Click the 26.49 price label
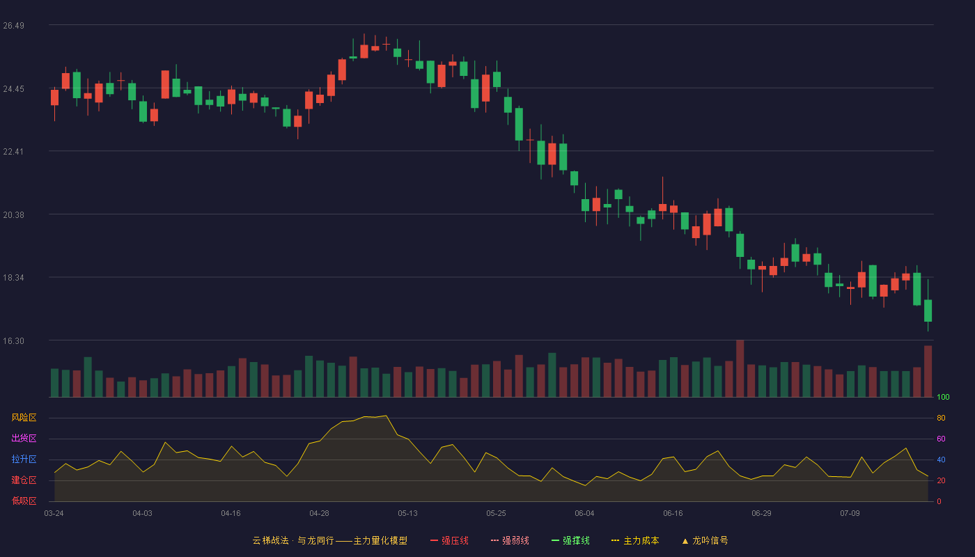[x=13, y=26]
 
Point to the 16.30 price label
[x=13, y=340]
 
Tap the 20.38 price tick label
[x=13, y=215]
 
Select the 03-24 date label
[x=54, y=514]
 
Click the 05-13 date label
[x=407, y=514]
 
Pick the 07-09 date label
[x=850, y=514]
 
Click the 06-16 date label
[x=673, y=514]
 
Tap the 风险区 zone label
[x=24, y=418]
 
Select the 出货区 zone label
[x=24, y=438]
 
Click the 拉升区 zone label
[x=24, y=459]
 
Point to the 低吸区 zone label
[x=24, y=501]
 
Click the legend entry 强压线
[x=449, y=540]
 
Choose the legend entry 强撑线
[x=570, y=540]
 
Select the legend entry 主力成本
[x=635, y=540]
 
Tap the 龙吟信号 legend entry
[x=705, y=540]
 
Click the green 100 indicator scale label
[x=943, y=397]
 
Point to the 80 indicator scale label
[x=941, y=418]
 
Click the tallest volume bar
[x=740, y=368]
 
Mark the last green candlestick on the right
[x=928, y=311]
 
